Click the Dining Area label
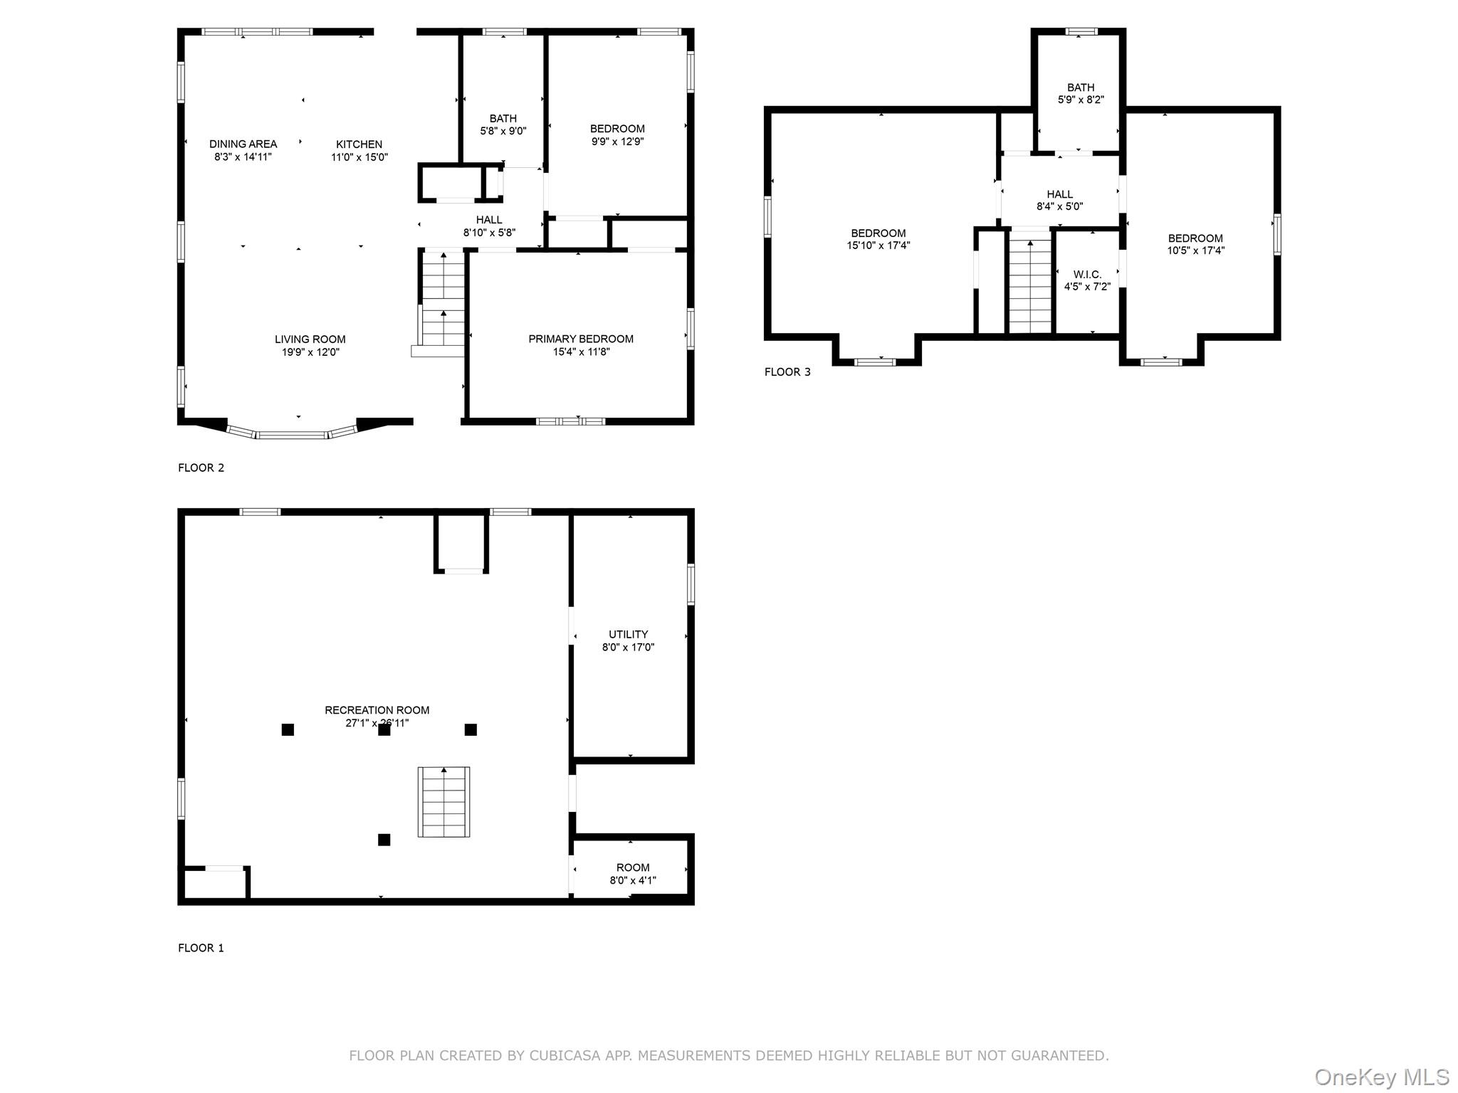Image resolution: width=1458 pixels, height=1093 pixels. pos(243,144)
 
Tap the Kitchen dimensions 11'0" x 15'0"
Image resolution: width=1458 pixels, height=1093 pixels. pos(359,157)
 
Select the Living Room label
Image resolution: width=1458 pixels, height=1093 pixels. pos(310,339)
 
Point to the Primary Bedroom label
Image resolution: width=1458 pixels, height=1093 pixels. pos(580,339)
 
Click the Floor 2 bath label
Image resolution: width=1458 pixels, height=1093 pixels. pos(503,118)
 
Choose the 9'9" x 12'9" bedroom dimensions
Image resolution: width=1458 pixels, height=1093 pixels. pos(617,142)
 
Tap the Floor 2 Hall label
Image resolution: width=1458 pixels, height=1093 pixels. pos(488,220)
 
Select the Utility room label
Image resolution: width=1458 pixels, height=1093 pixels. pos(628,634)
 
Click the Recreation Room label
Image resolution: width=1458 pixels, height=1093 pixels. pos(377,710)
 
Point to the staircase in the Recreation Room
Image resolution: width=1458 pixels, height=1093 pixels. pos(444,802)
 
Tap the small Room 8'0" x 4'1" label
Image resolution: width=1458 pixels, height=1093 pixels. pos(632,867)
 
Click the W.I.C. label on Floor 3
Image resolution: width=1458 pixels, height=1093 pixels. pos(1087,274)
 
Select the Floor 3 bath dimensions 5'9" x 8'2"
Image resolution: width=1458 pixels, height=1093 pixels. pos(1080,100)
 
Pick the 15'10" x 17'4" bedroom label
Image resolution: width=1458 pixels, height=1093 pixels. pos(878,233)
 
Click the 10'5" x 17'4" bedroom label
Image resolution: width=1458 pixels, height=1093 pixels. pos(1195,238)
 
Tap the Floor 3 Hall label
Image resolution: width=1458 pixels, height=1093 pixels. pos(1059,194)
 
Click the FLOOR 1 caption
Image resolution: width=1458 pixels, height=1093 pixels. pos(201,948)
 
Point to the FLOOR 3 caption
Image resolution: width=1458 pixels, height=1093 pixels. pos(787,371)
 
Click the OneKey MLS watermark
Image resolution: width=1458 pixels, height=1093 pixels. pos(1381,1077)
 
